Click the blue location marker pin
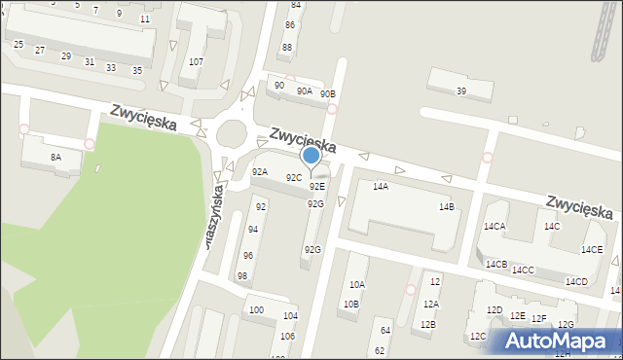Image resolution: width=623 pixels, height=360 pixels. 311,156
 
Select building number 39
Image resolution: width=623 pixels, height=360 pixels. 460,91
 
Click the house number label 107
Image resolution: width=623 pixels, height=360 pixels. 196,62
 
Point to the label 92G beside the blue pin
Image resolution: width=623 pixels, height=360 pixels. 315,203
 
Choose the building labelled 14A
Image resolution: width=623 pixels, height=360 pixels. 381,186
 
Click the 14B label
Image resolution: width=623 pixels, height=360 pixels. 446,207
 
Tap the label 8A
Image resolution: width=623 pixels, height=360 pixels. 55,157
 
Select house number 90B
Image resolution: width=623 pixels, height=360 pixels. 328,94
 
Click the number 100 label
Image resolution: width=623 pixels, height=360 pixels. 255,310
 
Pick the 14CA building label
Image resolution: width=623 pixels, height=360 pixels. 494,227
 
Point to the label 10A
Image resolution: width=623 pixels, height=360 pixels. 357,285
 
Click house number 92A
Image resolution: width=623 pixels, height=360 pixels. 260,172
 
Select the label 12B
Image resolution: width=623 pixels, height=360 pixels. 427,325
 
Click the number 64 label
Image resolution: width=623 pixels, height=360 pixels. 385,331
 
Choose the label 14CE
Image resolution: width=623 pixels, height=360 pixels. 592,250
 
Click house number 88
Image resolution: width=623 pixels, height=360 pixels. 286,47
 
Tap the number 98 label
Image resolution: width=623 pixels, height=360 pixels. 242,276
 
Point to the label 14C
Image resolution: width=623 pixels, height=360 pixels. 552,227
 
